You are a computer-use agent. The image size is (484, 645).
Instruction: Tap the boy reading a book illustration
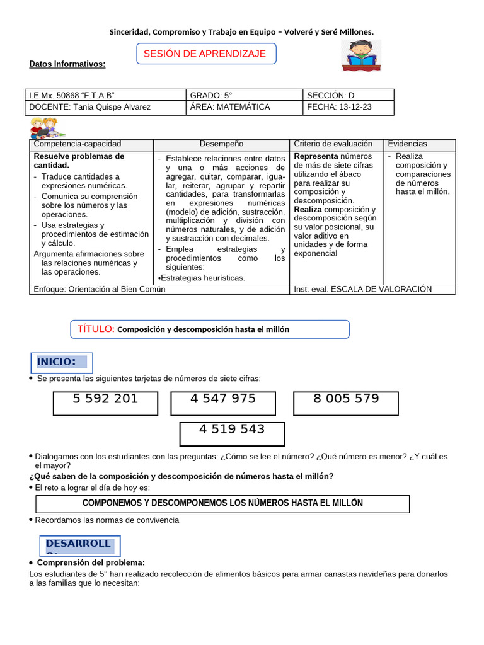coord(361,55)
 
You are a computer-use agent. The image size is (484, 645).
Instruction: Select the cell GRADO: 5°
coord(245,95)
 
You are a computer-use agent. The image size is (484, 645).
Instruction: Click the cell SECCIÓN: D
coord(348,95)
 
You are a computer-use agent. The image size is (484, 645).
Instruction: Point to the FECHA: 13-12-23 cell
coord(348,107)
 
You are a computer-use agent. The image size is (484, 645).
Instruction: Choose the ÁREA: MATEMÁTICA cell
coord(245,107)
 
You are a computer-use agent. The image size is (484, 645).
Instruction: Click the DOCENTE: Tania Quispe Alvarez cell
coord(106,107)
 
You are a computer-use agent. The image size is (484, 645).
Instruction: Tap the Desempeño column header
coord(221,144)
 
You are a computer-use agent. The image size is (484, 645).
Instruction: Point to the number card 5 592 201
coord(105,403)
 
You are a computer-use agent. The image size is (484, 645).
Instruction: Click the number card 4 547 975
coord(223,403)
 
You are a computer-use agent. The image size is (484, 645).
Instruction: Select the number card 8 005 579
coord(346,403)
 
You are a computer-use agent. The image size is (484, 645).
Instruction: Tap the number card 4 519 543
coord(232,433)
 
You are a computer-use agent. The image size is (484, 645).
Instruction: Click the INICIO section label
coord(61,362)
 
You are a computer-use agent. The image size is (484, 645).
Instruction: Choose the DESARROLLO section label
coord(80,545)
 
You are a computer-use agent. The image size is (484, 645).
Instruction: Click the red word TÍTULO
coord(95,329)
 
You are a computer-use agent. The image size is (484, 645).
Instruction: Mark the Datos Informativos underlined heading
coord(67,64)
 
